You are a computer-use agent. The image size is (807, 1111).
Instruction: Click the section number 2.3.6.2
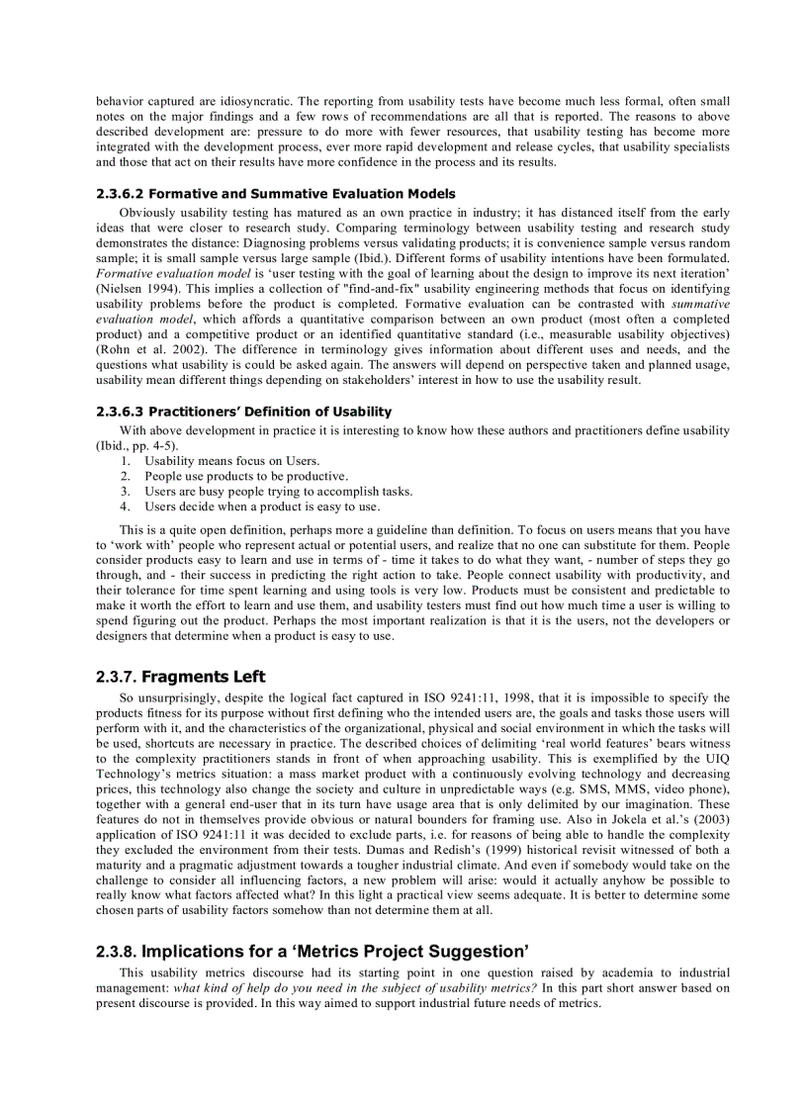pyautogui.click(x=120, y=194)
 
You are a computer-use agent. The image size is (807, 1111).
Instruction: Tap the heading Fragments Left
pyautogui.click(x=204, y=677)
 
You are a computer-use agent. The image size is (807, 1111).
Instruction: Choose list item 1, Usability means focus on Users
pyautogui.click(x=231, y=461)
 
